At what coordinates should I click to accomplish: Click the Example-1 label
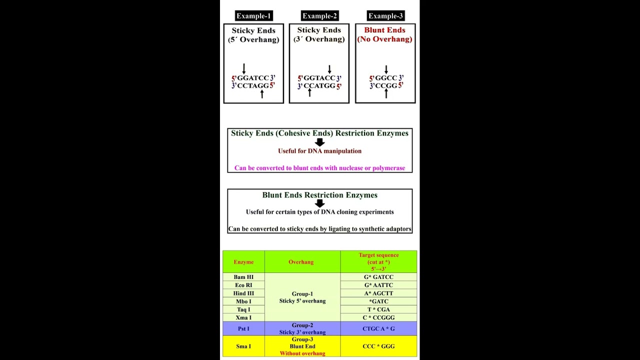(x=254, y=16)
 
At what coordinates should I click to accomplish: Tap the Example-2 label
(x=320, y=16)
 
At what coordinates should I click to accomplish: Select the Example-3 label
(x=385, y=16)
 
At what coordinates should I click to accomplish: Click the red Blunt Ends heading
(x=384, y=30)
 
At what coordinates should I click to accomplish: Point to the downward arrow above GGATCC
(x=244, y=68)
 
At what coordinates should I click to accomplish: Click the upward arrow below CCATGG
(x=309, y=92)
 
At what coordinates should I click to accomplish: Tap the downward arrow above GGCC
(x=386, y=69)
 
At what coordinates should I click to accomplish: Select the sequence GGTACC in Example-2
(x=319, y=78)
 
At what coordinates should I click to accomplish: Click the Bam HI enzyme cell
(x=243, y=277)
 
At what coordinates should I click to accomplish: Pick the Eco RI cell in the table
(x=243, y=285)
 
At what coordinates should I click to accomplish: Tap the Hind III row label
(x=243, y=293)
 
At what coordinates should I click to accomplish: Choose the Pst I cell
(x=243, y=329)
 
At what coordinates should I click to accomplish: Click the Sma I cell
(x=243, y=346)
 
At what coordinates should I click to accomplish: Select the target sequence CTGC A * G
(x=378, y=329)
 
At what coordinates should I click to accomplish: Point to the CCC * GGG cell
(x=378, y=346)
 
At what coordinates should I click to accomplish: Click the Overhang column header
(x=301, y=262)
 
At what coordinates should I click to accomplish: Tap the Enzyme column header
(x=243, y=262)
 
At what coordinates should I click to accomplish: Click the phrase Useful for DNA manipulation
(x=320, y=151)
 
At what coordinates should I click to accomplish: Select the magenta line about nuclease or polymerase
(x=320, y=168)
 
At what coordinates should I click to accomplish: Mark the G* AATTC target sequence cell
(x=378, y=285)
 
